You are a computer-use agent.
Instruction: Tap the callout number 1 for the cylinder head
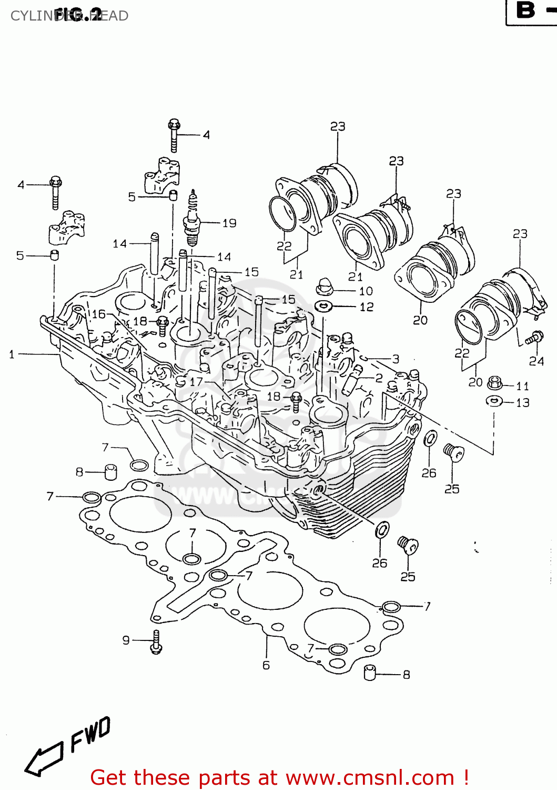tap(12, 354)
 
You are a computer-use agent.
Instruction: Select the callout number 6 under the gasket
tap(266, 665)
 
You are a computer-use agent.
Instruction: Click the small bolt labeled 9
tap(156, 642)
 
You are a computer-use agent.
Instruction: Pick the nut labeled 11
tap(495, 383)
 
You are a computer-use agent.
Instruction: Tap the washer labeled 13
tap(493, 401)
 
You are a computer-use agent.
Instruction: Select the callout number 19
tap(229, 223)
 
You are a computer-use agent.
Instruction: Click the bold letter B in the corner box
tap(525, 10)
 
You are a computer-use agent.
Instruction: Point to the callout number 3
tap(396, 359)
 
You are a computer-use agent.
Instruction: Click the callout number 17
tap(196, 382)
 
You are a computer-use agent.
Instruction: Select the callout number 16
tap(99, 314)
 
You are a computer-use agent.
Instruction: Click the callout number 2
tap(379, 378)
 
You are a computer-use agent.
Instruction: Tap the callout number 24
tap(536, 361)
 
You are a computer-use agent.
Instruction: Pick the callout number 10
tap(366, 291)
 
